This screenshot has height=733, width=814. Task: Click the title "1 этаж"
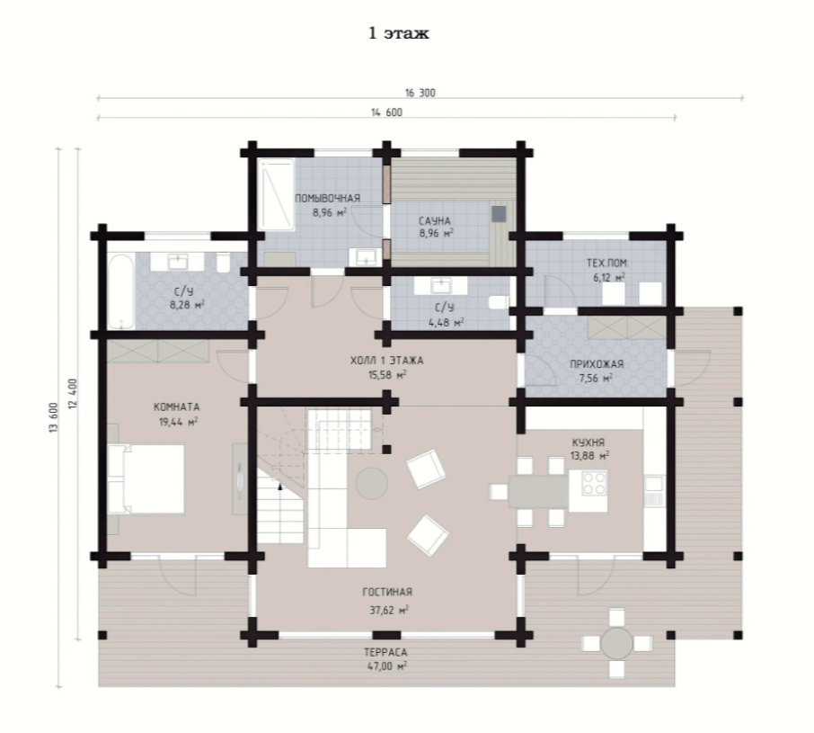pyautogui.click(x=398, y=33)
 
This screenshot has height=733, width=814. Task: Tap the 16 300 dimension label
pyautogui.click(x=420, y=93)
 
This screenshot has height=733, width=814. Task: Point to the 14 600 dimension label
pyautogui.click(x=386, y=112)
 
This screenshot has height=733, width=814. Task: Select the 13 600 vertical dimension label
pyautogui.click(x=54, y=417)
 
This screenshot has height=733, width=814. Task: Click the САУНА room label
pyautogui.click(x=435, y=221)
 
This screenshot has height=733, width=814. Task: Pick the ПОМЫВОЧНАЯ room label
pyautogui.click(x=328, y=198)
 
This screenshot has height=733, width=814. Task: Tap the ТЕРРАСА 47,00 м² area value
pyautogui.click(x=387, y=666)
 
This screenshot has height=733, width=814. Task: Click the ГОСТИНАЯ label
pyautogui.click(x=387, y=592)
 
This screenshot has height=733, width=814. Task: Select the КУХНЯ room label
pyautogui.click(x=588, y=442)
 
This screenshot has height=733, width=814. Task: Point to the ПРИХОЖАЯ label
pyautogui.click(x=597, y=364)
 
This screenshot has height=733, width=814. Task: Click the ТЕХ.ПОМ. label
pyautogui.click(x=607, y=263)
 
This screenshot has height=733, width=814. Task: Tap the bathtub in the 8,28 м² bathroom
pyautogui.click(x=121, y=291)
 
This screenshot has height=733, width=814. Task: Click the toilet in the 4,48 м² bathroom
pyautogui.click(x=500, y=302)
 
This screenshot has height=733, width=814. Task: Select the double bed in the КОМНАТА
pyautogui.click(x=146, y=479)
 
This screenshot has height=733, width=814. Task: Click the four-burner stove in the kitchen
pyautogui.click(x=594, y=483)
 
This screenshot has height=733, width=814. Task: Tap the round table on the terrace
pyautogui.click(x=616, y=644)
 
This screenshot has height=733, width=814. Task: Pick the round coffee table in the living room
pyautogui.click(x=371, y=484)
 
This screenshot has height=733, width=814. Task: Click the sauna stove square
pyautogui.click(x=499, y=214)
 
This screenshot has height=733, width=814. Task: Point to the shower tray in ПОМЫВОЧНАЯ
pyautogui.click(x=276, y=195)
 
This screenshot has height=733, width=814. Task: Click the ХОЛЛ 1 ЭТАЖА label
pyautogui.click(x=386, y=360)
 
